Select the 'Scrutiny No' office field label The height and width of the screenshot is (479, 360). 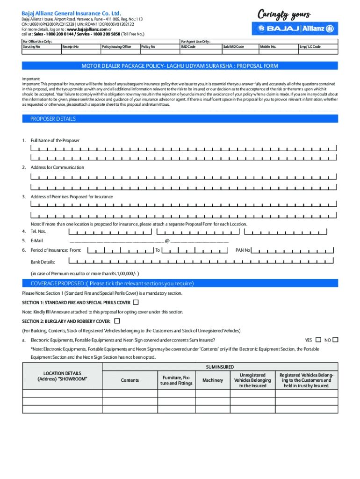tap(32, 47)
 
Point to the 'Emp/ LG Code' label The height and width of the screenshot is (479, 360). tap(310, 47)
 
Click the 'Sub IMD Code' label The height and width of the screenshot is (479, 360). tap(233, 47)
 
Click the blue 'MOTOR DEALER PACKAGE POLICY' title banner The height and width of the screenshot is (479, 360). tap(180, 66)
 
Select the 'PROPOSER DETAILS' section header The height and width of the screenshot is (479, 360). tap(53, 119)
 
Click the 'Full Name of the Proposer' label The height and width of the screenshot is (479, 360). tap(55, 140)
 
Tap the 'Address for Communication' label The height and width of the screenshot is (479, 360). tap(57, 167)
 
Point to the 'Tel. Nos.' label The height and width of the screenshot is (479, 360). tap(38, 231)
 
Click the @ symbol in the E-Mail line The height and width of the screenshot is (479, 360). tap(167, 241)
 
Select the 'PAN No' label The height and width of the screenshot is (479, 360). tap(243, 250)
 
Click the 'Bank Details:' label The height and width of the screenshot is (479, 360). tap(43, 262)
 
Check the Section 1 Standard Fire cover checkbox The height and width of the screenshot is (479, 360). tap(136, 303)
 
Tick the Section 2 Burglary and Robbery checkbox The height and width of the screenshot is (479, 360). tap(117, 321)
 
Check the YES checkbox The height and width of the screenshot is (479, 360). tap(318, 340)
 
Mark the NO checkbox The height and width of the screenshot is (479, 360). tap(335, 340)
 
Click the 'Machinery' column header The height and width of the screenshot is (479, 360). tap(213, 380)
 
